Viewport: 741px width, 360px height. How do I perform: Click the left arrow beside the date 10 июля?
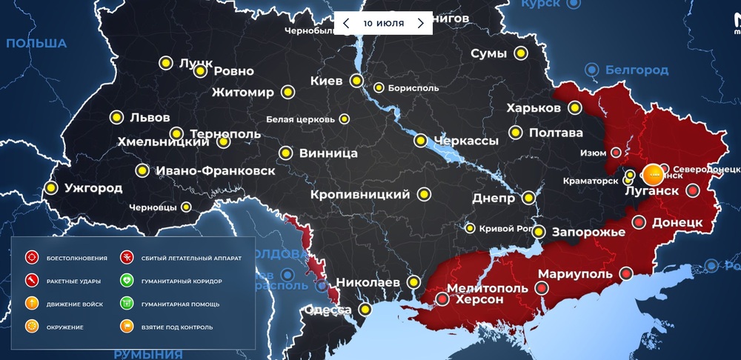tap(346, 23)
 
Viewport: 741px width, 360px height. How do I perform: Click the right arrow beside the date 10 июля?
tap(421, 23)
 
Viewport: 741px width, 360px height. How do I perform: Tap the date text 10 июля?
tap(383, 23)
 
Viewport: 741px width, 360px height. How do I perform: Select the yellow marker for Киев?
tap(356, 81)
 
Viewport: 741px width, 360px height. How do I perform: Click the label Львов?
tap(150, 117)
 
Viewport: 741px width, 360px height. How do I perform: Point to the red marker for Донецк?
tap(638, 221)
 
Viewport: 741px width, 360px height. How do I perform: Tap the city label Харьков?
tap(534, 108)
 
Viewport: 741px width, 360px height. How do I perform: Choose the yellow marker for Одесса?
tap(365, 309)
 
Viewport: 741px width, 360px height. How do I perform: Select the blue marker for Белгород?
tap(591, 70)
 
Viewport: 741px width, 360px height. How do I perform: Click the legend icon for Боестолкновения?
tap(31, 258)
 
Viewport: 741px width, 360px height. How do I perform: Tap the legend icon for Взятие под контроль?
tap(126, 327)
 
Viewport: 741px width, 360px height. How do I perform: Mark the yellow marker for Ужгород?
tap(51, 188)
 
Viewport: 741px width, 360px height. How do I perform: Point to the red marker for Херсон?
tap(442, 299)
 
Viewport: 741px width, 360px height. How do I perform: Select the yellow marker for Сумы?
tap(521, 53)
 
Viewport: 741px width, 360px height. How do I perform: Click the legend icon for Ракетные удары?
tap(31, 281)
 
